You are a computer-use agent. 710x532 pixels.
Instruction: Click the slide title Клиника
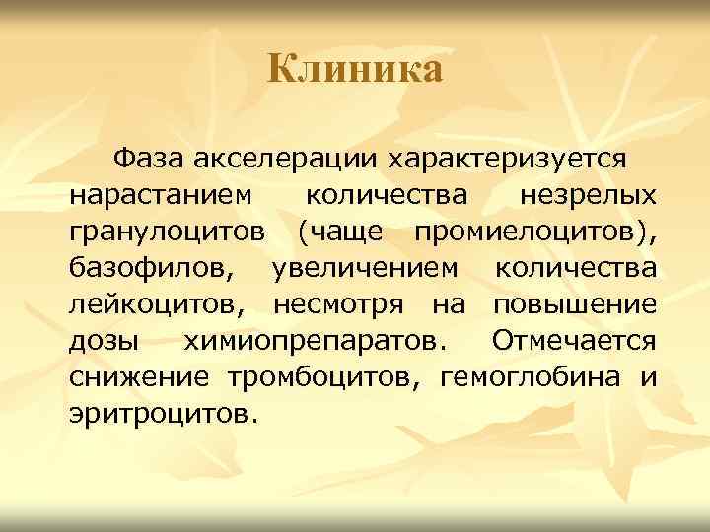click(355, 69)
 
